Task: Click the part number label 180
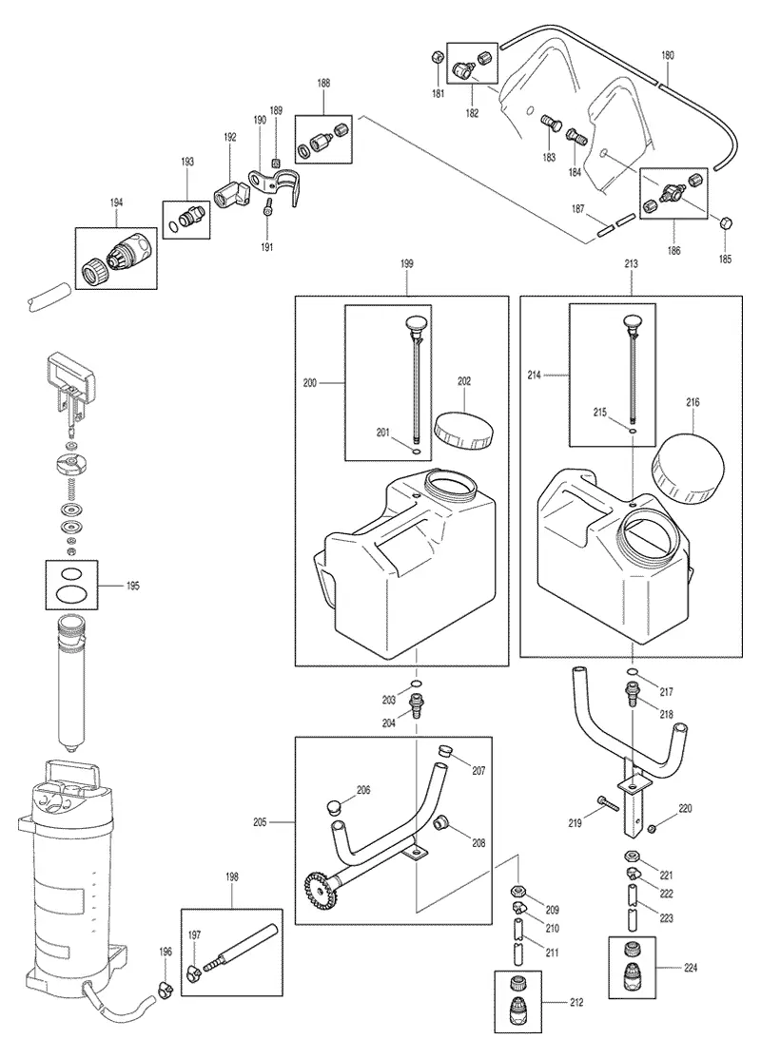tap(668, 56)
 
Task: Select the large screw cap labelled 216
tap(687, 468)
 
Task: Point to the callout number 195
tap(133, 586)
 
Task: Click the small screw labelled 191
tap(268, 206)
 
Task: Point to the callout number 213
tap(631, 264)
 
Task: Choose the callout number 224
tap(690, 968)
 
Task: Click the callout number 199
tap(406, 264)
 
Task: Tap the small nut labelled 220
tap(653, 829)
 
